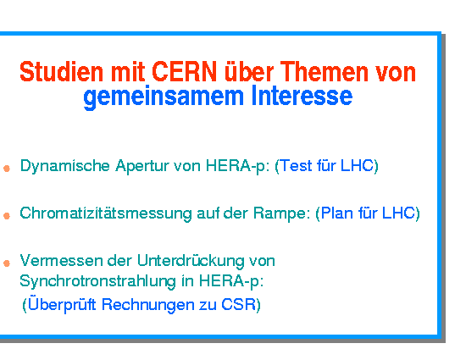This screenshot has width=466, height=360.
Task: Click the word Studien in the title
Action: [61, 72]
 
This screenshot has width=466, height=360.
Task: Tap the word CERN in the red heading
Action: [184, 72]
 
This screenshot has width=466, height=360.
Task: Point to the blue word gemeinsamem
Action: [164, 96]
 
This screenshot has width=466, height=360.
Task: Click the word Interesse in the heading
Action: [302, 96]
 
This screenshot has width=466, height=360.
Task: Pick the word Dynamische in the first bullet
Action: [64, 166]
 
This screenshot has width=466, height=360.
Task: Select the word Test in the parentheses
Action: [296, 165]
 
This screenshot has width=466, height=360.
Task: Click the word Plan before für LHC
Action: [337, 213]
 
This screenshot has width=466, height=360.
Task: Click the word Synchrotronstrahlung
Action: [97, 281]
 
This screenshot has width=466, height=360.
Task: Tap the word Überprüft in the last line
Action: [62, 303]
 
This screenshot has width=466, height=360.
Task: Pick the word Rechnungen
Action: [147, 305]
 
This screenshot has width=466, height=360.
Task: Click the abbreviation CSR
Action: [239, 304]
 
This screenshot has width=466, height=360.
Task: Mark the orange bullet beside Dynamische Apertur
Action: [7, 169]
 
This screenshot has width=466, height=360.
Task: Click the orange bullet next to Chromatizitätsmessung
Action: [7, 216]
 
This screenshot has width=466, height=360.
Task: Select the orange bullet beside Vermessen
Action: [7, 263]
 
